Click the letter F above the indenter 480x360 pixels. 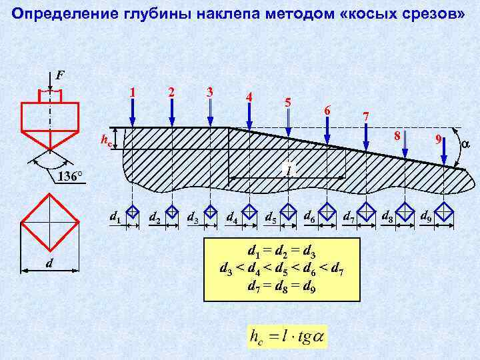[59, 75]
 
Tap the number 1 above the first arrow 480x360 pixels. [133, 91]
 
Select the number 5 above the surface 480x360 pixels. [287, 103]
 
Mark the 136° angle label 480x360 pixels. [69, 177]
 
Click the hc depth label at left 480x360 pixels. [105, 140]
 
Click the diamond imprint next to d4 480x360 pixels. [249, 212]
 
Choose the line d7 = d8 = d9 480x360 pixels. [281, 287]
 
